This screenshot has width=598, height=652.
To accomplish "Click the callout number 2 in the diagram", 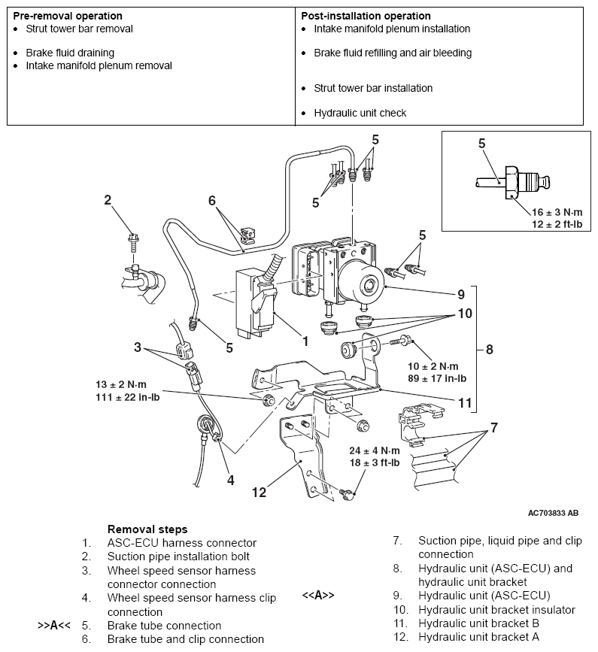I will coord(108,200).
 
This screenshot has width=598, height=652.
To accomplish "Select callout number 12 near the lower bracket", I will coord(259,493).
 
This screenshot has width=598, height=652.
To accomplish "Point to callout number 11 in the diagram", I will coord(465,403).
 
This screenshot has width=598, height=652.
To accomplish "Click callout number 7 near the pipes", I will coord(493,429).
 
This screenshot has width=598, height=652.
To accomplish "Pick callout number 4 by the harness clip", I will coord(231,478).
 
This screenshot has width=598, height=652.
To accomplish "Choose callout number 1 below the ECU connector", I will coord(305,341).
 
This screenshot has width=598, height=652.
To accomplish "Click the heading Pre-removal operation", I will coord(68,16).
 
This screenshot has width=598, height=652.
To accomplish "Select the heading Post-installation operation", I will coord(366,16).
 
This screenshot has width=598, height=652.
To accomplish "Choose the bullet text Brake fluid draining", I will coord(70,53).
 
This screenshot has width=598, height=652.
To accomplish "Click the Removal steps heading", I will coord(147,529).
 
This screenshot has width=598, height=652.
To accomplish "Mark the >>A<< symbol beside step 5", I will coord(54,626).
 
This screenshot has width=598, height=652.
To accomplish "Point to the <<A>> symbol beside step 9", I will coord(318,596).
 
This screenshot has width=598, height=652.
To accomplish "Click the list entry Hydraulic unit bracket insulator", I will coord(496,609).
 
